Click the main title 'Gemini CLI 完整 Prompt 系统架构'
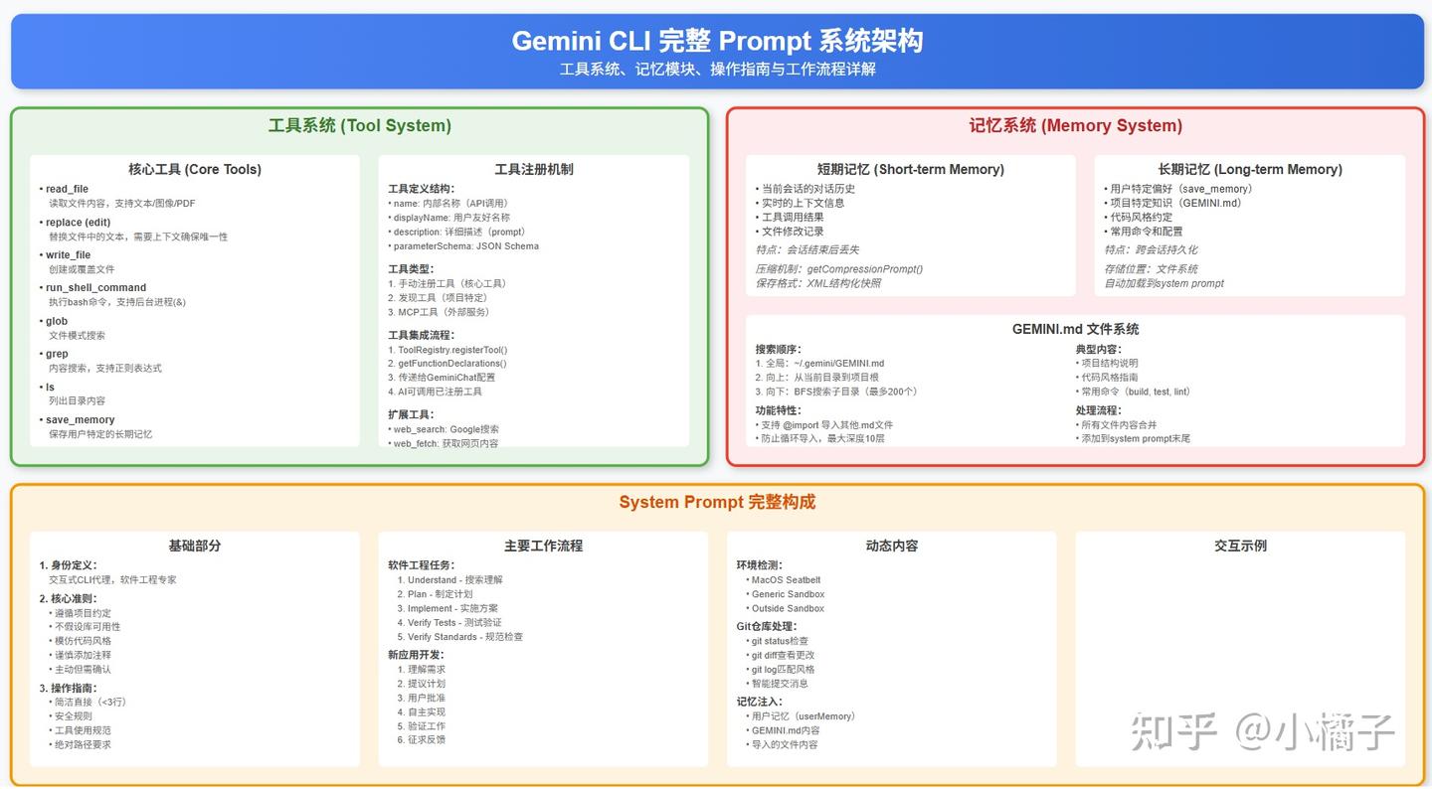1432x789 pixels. (x=717, y=41)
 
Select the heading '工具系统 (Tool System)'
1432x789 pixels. (x=359, y=126)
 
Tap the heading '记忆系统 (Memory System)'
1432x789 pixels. (x=1075, y=126)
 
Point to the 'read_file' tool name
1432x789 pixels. (x=67, y=189)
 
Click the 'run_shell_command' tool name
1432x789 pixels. (x=95, y=287)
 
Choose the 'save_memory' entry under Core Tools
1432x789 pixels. (x=80, y=419)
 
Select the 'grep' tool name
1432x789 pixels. (x=57, y=354)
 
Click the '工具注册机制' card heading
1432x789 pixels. (x=533, y=169)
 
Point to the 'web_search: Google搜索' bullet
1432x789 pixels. (x=446, y=429)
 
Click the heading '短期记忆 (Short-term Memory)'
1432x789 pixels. (x=910, y=169)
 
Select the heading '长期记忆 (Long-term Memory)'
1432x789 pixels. (x=1249, y=169)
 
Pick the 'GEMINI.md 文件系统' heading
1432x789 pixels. (x=1075, y=329)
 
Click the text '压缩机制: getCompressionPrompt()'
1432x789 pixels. (x=839, y=269)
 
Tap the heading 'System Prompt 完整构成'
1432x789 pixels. (x=716, y=502)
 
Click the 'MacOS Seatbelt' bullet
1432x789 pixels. (x=786, y=580)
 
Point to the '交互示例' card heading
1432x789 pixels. (x=1240, y=546)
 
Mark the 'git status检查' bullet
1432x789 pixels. (x=780, y=641)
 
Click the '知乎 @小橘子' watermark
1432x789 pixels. (x=1263, y=732)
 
